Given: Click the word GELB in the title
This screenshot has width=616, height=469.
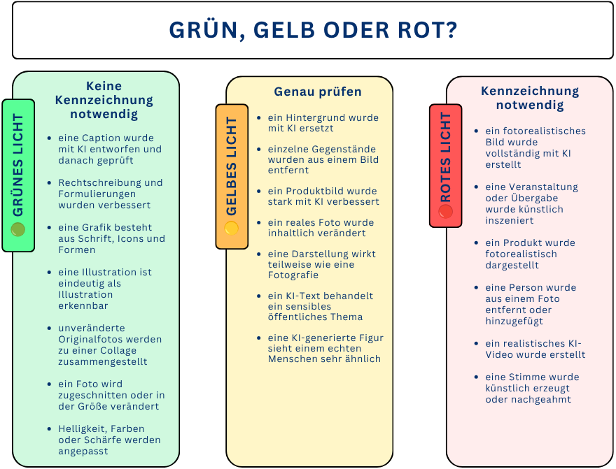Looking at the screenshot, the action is (x=284, y=30).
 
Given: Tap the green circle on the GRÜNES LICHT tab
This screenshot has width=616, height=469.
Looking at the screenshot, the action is (x=18, y=229).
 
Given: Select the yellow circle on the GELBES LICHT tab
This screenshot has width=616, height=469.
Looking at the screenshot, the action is (x=232, y=228).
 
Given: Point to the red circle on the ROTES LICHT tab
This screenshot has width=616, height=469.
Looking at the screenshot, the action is (x=445, y=211).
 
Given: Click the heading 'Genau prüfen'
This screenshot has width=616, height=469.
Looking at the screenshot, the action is (x=318, y=92).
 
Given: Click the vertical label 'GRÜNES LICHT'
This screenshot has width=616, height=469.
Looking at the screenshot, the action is (x=18, y=165).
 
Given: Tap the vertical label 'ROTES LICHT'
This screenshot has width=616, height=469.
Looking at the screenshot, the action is (x=445, y=157).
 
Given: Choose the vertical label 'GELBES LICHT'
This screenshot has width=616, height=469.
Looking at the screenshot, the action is (x=232, y=166).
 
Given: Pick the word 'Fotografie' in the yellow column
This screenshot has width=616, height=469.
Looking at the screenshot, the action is (x=293, y=275).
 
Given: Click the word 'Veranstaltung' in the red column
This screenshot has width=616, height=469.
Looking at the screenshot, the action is (x=544, y=187).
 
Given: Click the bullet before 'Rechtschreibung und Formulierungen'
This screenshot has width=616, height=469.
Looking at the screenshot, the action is (x=49, y=182).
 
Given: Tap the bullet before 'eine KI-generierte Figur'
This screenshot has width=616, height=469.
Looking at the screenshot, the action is (x=258, y=338).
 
